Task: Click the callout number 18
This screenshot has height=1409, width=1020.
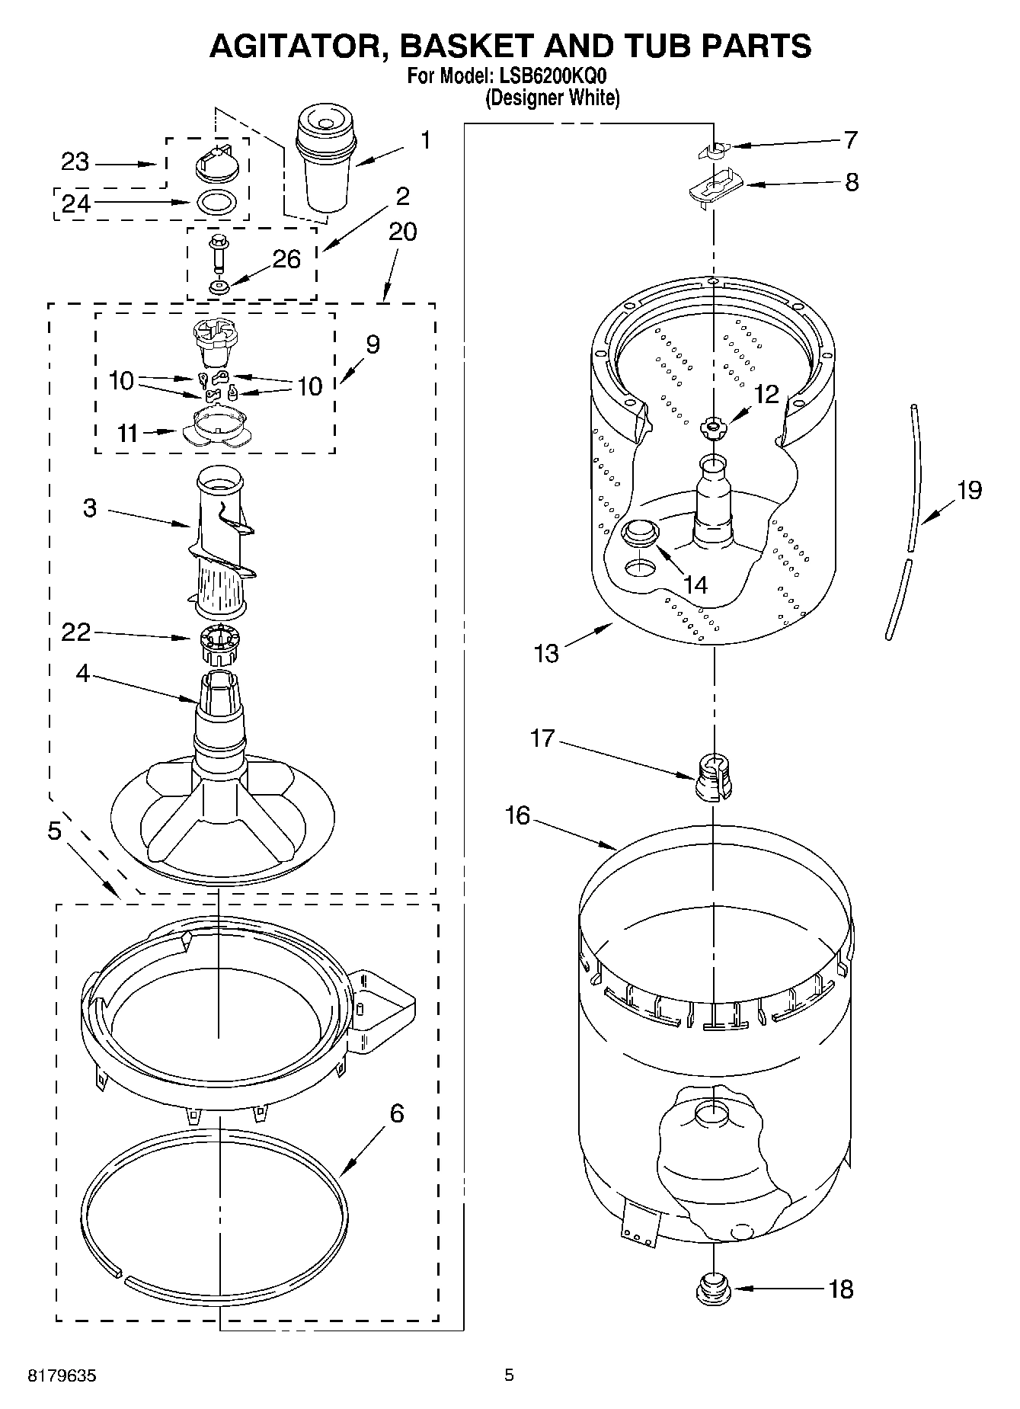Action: click(841, 1289)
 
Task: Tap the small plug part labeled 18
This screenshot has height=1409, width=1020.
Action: click(713, 1287)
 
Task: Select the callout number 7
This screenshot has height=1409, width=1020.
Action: click(850, 140)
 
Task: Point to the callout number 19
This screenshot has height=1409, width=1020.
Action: click(969, 490)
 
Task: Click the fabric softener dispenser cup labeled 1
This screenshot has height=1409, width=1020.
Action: click(325, 160)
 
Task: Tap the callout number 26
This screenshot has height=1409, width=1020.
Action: click(286, 259)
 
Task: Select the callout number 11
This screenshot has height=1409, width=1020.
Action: click(128, 433)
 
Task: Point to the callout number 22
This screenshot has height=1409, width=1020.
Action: click(76, 632)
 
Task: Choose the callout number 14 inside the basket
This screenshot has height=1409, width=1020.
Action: click(695, 584)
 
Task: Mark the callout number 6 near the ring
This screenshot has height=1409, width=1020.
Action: click(396, 1114)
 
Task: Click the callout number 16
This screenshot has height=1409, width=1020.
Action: click(516, 815)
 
